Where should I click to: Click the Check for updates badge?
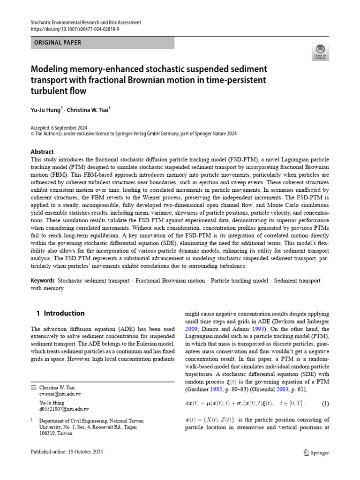point(320,52)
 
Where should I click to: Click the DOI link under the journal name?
point(74,29)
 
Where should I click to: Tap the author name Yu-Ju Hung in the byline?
point(45,110)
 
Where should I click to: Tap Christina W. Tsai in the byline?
point(87,110)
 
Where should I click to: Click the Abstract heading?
point(42,152)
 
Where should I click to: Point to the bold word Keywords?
point(42,280)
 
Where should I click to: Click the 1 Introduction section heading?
point(60,313)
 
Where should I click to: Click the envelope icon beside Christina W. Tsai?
point(33,388)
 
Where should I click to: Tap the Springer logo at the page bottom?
point(316,453)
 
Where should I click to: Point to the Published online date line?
point(67,452)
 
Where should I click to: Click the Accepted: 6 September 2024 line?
point(59,127)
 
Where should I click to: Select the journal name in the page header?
point(85,22)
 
